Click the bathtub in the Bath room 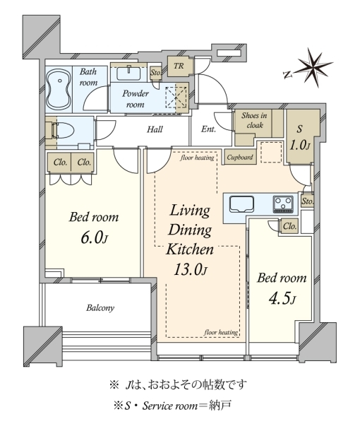(59, 90)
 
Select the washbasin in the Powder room (128, 73)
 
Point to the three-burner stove (283, 204)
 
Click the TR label (179, 66)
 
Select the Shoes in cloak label (254, 120)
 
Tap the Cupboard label (240, 157)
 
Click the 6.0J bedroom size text (95, 238)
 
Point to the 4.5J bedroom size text (282, 299)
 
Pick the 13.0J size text (190, 269)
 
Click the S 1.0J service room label (299, 138)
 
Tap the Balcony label (100, 308)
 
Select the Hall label (155, 129)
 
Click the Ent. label (208, 129)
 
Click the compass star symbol (313, 68)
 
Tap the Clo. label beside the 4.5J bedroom (290, 226)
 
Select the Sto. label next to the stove (308, 201)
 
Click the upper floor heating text (197, 158)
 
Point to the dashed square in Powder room (176, 97)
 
